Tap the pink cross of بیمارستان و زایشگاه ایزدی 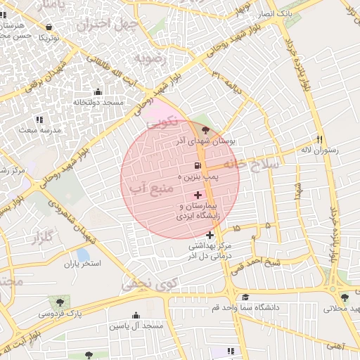(x=198, y=194)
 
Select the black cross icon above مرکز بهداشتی (x=210, y=235)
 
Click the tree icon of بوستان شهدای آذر (x=205, y=130)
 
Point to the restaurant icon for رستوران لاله (x=319, y=139)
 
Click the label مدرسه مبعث (x=40, y=130)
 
